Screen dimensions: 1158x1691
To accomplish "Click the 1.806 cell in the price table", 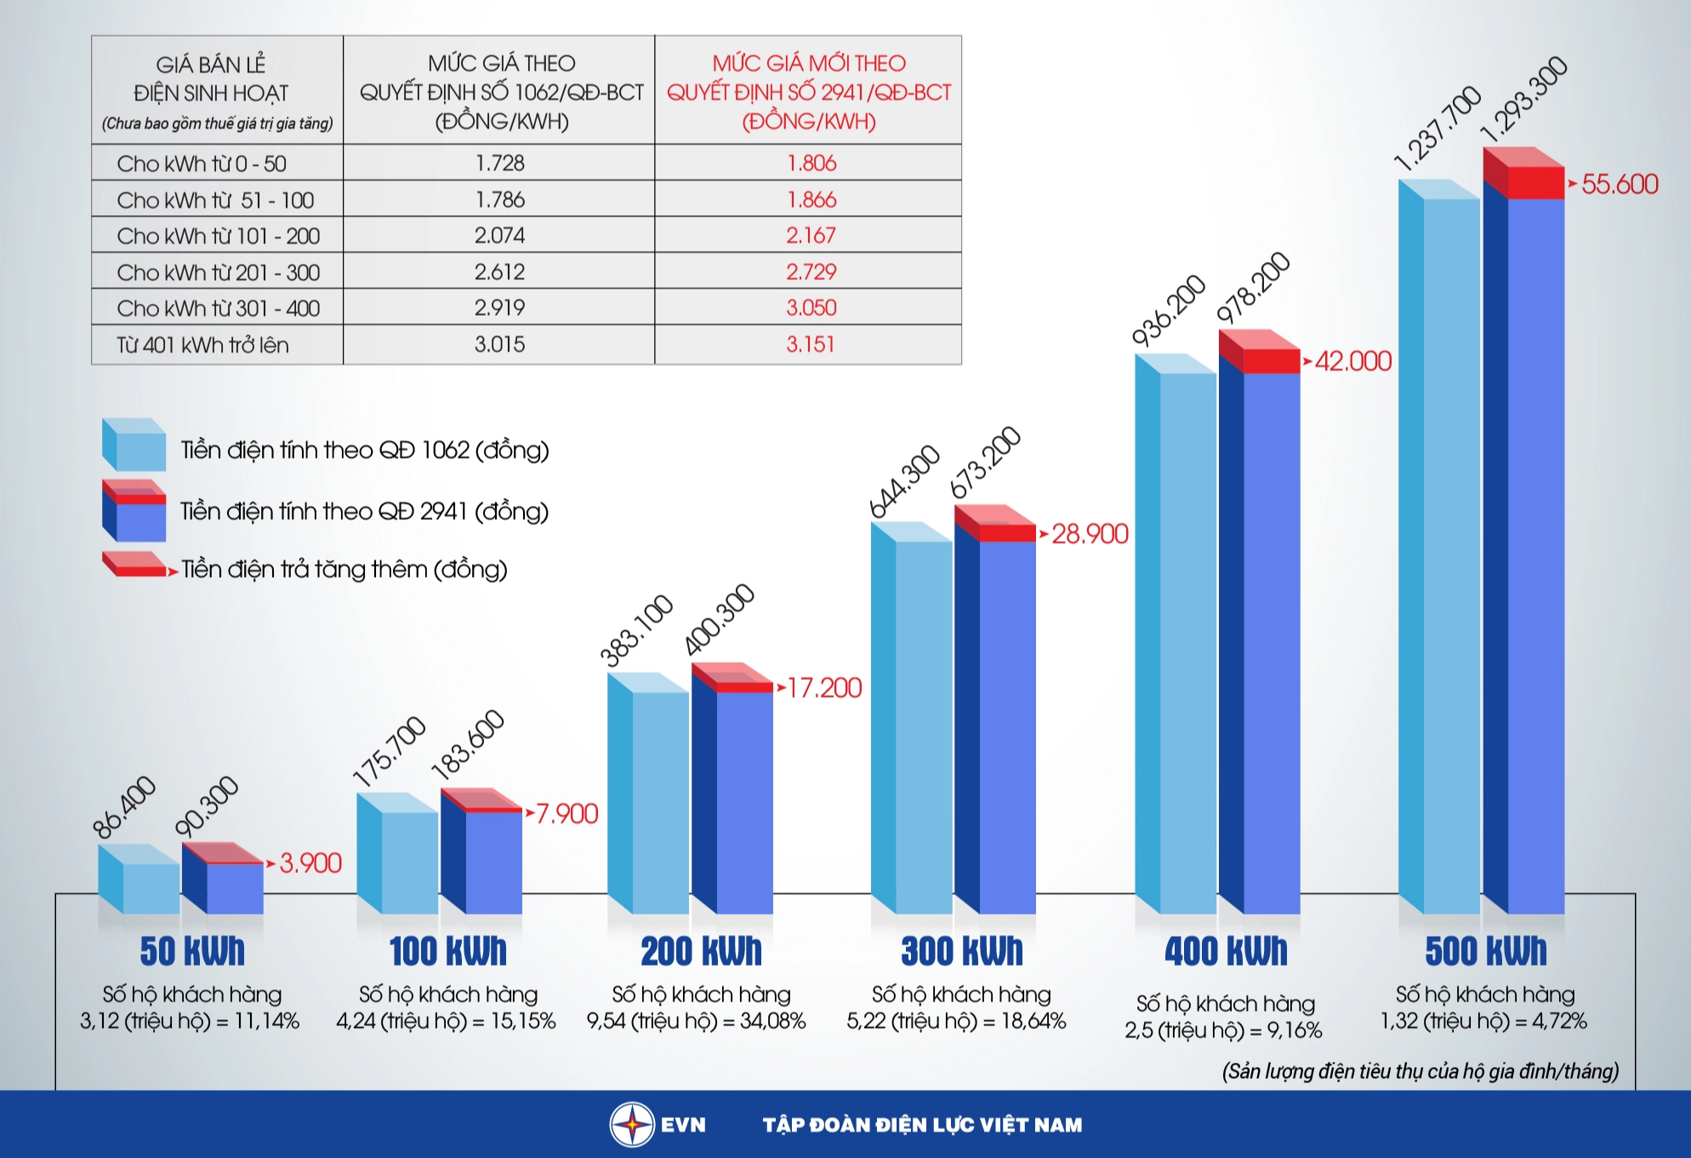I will pos(811,163).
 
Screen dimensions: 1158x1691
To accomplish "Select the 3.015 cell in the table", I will pos(499,344).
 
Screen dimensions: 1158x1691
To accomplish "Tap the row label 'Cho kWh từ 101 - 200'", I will pos(218,236).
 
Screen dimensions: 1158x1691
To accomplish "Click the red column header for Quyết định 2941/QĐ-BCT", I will pos(808,91).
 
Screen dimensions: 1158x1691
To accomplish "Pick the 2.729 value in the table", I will pos(811,271).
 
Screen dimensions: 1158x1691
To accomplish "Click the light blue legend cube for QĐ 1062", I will pos(134,445).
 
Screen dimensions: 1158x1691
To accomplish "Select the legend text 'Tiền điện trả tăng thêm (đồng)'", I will pos(344,568).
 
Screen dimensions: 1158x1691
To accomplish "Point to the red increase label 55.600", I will pos(1619,184).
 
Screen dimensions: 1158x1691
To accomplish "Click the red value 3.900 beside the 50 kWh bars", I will pos(310,863).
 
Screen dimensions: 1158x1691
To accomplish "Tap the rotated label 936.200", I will pos(1168,310).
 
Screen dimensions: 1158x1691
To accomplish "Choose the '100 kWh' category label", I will pos(447,951).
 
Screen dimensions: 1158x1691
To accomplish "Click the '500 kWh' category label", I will pos(1485,951).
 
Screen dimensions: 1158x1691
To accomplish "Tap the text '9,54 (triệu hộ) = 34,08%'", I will pos(696,1021).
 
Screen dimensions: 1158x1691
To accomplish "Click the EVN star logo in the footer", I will pos(632,1124).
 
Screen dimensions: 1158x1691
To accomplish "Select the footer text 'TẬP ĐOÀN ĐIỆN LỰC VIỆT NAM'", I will pos(922,1125).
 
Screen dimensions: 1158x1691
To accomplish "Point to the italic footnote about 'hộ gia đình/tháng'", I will pos(1420,1070).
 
